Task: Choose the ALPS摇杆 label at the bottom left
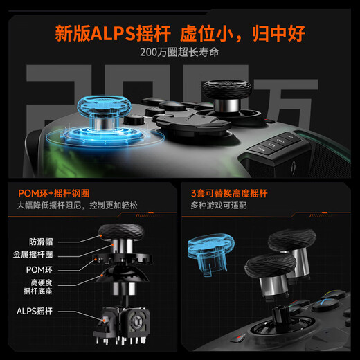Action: [x=35, y=311]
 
